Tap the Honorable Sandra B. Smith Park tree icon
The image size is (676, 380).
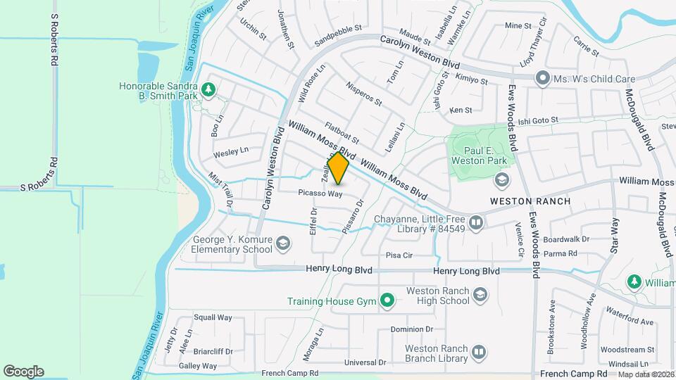(x=208, y=89)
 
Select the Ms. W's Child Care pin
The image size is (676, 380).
(x=542, y=78)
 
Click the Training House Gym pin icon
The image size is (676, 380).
(x=387, y=301)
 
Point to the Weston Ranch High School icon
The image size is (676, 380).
(x=481, y=294)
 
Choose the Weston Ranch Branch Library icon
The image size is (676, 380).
(x=479, y=351)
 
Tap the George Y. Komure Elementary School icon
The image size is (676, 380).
(x=282, y=243)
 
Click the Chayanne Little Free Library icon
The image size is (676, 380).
(x=477, y=224)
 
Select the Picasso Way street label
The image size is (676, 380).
(x=320, y=193)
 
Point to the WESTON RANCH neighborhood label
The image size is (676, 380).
(x=530, y=201)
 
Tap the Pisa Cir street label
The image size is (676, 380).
(x=399, y=255)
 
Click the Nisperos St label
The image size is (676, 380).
(x=363, y=94)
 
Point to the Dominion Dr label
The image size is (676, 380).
(x=412, y=329)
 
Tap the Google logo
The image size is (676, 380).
(x=23, y=371)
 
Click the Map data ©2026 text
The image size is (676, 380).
(x=646, y=374)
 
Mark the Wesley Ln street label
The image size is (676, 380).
(x=231, y=151)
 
